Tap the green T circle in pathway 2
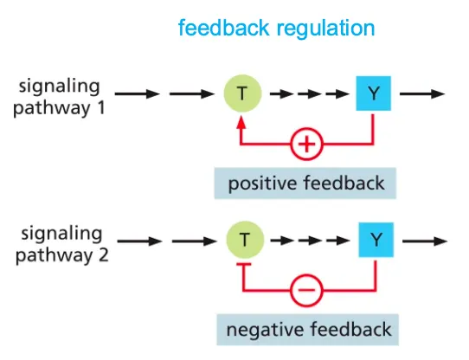pyautogui.click(x=243, y=239)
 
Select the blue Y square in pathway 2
pyautogui.click(x=372, y=239)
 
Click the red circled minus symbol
pyautogui.click(x=305, y=292)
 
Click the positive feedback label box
pyautogui.click(x=305, y=183)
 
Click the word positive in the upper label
pyautogui.click(x=263, y=184)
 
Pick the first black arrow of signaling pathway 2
pyautogui.click(x=138, y=239)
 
